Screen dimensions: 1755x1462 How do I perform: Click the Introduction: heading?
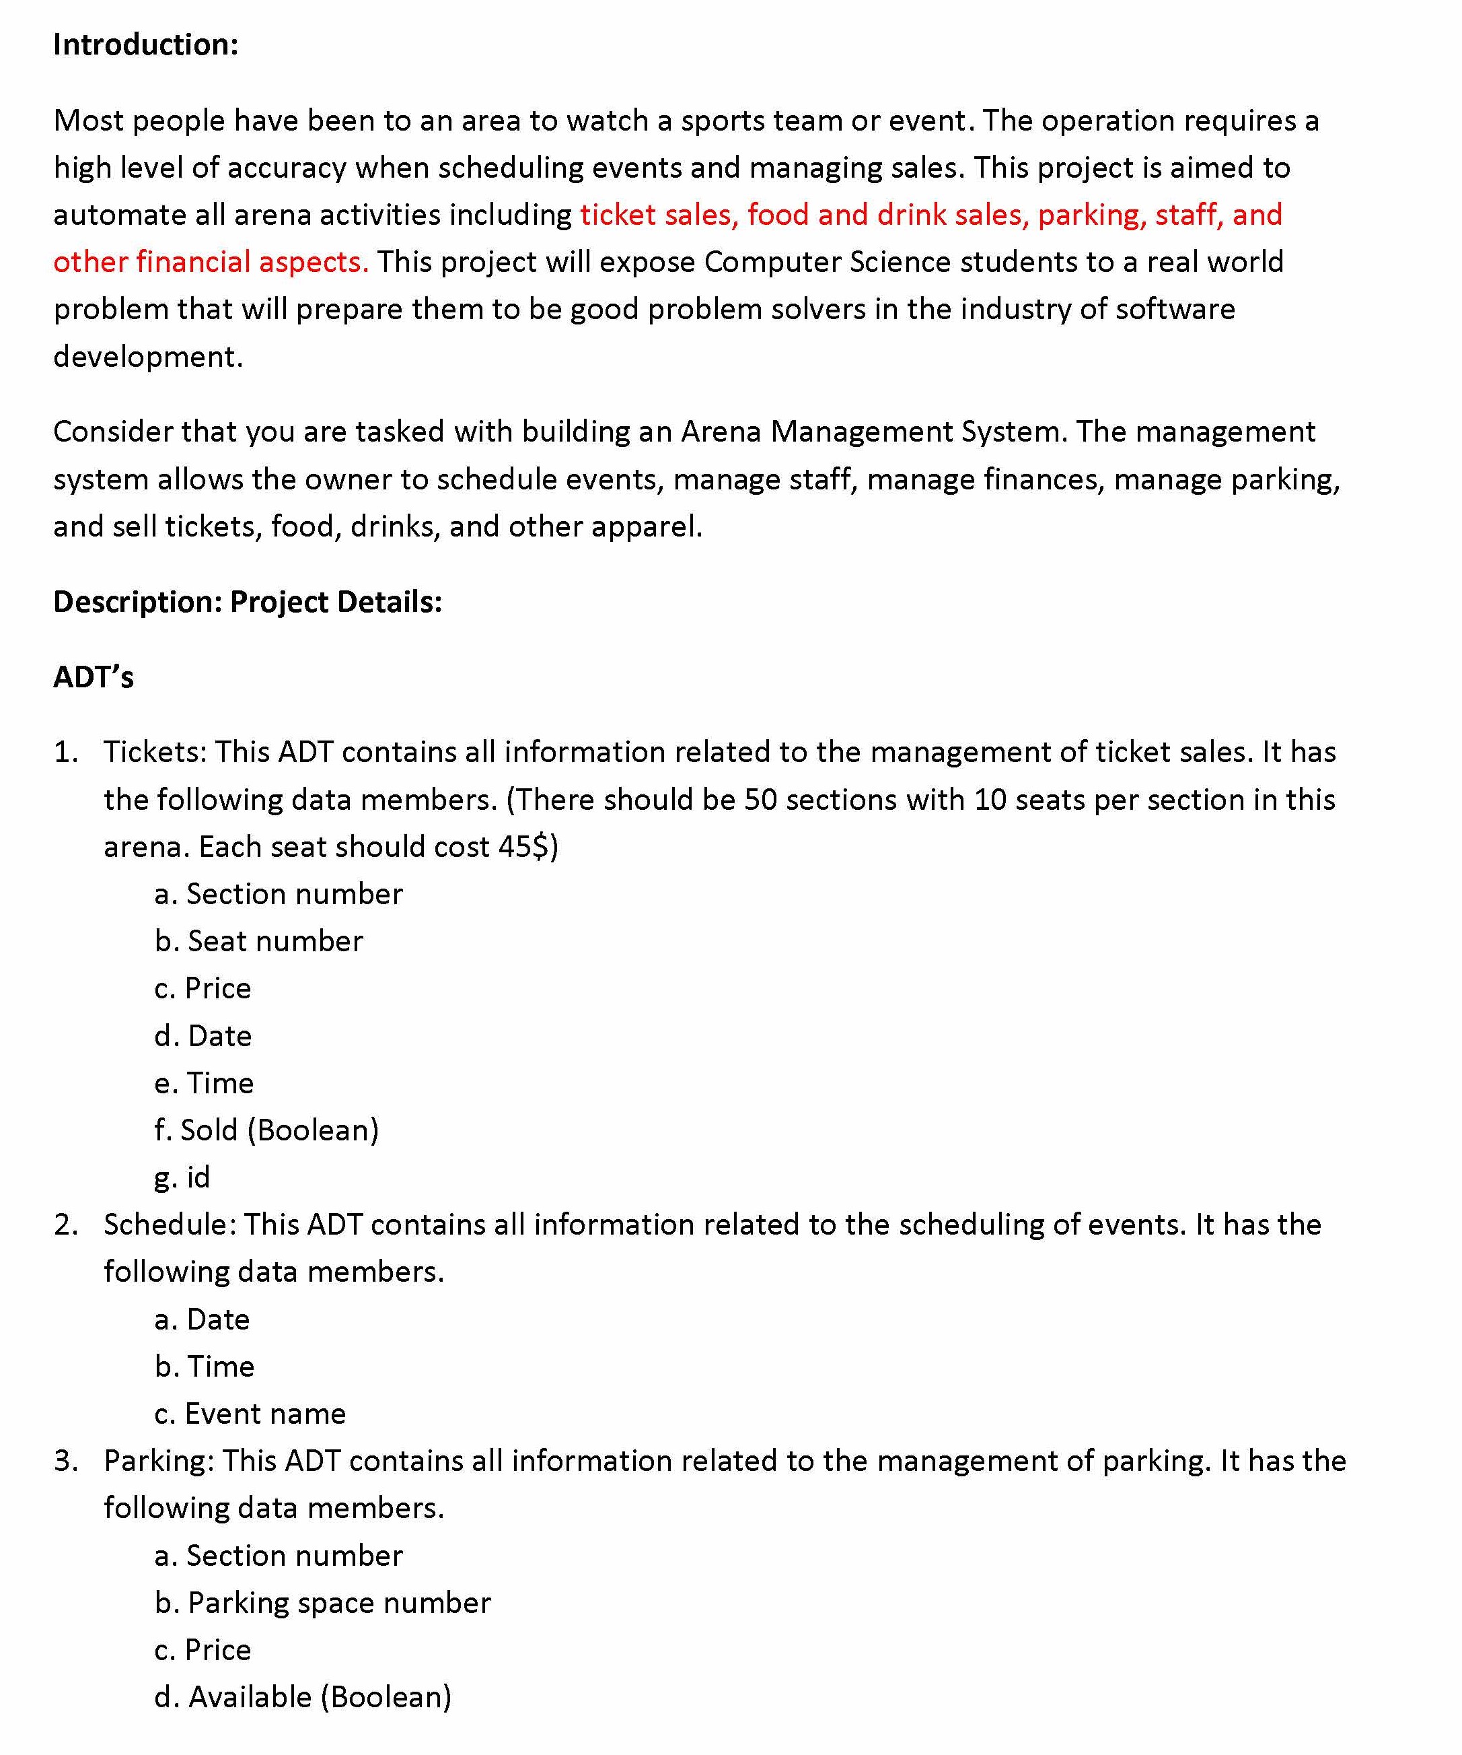[x=145, y=44]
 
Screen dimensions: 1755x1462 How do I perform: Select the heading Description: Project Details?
[x=248, y=602]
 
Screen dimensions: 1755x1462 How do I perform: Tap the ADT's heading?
[x=93, y=677]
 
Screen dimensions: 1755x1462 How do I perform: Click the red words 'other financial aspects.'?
[x=211, y=262]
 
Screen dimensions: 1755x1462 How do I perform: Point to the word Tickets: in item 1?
[x=155, y=752]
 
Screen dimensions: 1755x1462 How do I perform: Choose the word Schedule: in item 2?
[x=170, y=1225]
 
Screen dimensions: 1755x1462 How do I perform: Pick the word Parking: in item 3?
[x=159, y=1461]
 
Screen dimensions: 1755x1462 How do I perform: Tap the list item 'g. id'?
[x=182, y=1177]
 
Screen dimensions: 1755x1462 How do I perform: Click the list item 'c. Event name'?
[x=250, y=1413]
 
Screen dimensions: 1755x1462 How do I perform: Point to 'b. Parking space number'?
[x=322, y=1603]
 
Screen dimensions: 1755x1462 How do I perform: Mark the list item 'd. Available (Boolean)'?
[x=303, y=1697]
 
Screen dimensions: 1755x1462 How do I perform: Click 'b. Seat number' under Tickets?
[x=259, y=941]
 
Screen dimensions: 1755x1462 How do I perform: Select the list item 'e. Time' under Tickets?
[x=204, y=1083]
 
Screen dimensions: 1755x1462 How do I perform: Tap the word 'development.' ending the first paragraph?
[x=148, y=357]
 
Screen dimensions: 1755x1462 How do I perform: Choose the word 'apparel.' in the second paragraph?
[x=647, y=526]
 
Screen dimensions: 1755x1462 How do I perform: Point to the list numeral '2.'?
[x=66, y=1225]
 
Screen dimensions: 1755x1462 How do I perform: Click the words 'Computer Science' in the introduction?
[x=827, y=262]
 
